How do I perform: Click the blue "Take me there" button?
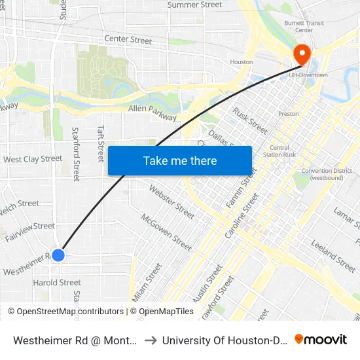[180, 160]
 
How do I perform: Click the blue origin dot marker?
[58, 255]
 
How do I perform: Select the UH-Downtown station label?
[308, 75]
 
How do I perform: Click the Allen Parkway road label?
[153, 113]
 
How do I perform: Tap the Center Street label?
[128, 40]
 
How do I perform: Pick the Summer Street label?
[195, 5]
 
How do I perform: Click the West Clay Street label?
[33, 159]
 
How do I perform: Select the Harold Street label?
[57, 283]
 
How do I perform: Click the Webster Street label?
[172, 202]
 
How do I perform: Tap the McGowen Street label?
[166, 233]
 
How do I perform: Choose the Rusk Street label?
[250, 121]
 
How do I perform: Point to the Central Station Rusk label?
[279, 151]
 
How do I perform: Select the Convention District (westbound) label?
[327, 175]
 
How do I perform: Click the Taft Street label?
[101, 143]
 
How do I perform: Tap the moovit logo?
[321, 339]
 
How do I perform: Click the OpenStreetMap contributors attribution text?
[65, 312]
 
